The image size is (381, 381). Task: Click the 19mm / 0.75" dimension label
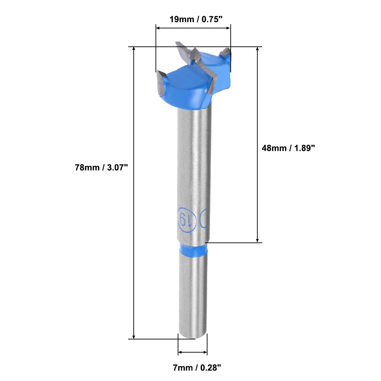(x=196, y=19)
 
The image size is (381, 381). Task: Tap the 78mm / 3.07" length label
(x=101, y=167)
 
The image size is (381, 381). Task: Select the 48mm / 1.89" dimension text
(x=288, y=148)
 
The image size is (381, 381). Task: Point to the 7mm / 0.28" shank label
(x=197, y=367)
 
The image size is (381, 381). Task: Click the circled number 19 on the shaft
(x=187, y=219)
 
